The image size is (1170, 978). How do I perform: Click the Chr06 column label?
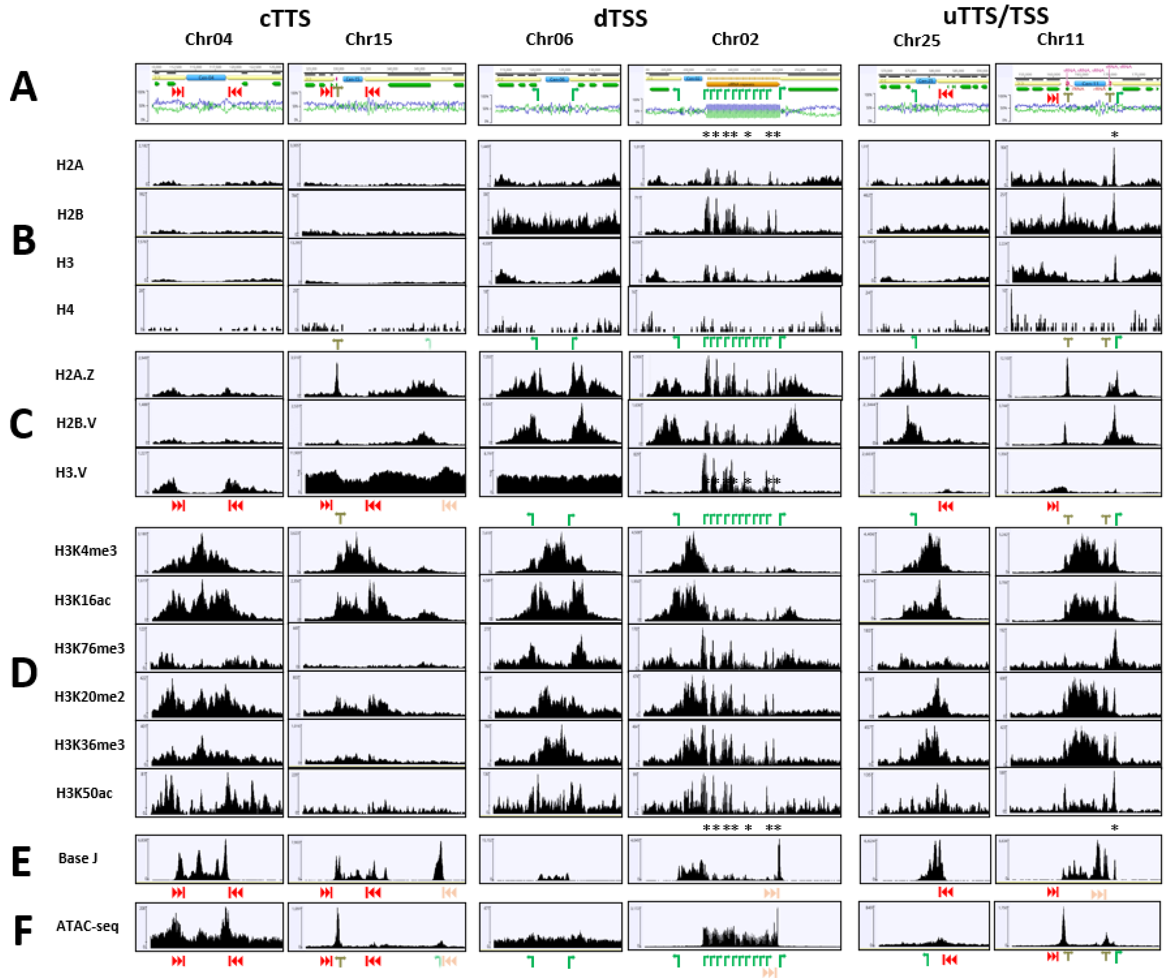pos(549,39)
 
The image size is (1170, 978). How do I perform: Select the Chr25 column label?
pos(917,40)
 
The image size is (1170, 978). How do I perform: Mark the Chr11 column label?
pos(1060,39)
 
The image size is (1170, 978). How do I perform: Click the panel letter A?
pos(23,88)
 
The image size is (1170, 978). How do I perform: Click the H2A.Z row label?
pos(75,375)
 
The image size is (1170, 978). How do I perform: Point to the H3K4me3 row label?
pos(86,551)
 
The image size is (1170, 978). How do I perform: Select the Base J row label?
pos(78,858)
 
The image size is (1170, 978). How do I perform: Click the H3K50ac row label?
pos(84,793)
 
